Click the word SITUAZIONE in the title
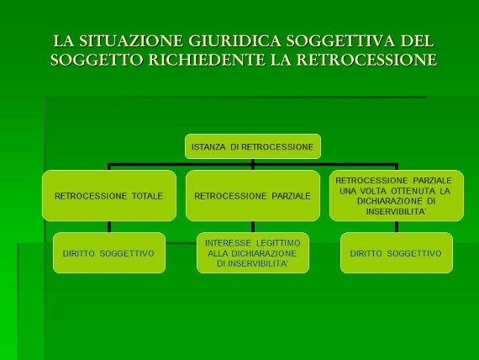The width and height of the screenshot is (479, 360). (x=131, y=41)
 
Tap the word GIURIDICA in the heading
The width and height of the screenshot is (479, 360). (x=234, y=41)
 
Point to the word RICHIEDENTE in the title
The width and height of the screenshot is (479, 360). (x=207, y=60)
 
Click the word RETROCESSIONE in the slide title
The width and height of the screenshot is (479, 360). (x=367, y=60)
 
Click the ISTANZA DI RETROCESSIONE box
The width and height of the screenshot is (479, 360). (x=253, y=146)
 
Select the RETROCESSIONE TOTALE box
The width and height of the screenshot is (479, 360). (x=109, y=196)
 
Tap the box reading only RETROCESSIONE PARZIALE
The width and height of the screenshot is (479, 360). (x=253, y=196)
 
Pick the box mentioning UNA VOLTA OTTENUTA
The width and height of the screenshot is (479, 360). (x=397, y=196)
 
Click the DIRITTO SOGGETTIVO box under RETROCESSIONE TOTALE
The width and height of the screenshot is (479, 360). (x=109, y=253)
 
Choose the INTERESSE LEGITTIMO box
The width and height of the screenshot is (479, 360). (x=253, y=253)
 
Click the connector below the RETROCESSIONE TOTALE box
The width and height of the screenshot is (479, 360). (x=109, y=227)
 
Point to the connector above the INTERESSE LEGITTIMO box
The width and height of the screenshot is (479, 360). (x=253, y=227)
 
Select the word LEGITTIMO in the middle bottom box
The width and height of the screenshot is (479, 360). (x=278, y=243)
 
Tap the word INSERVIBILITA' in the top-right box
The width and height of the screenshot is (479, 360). (x=396, y=212)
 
